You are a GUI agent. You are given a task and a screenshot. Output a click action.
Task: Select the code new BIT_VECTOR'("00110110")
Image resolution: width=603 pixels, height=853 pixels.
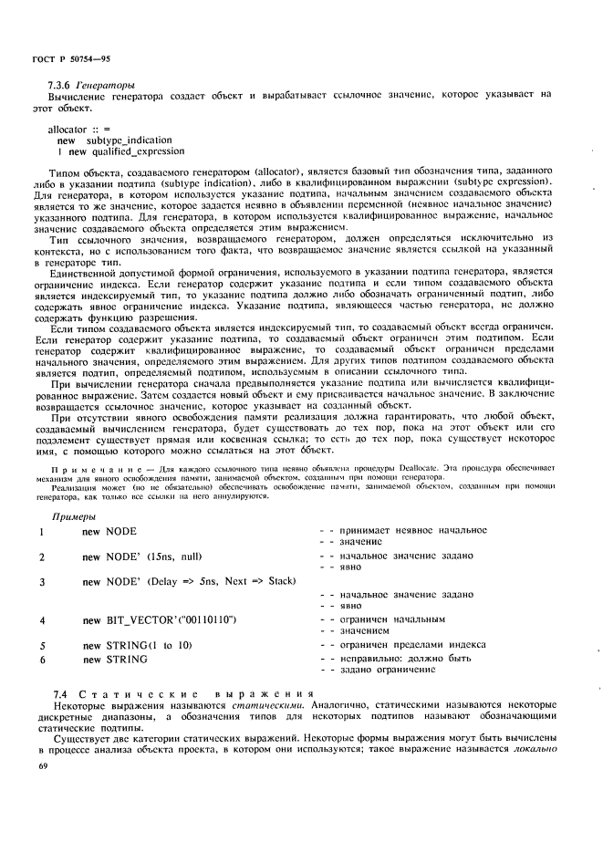[159, 619]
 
